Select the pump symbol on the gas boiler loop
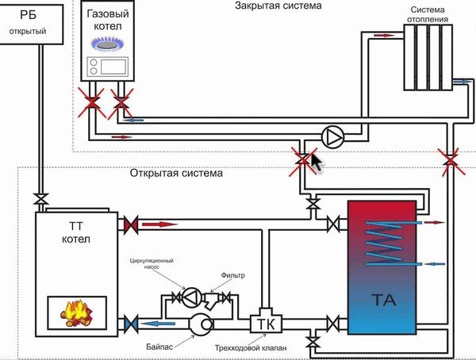(332, 136)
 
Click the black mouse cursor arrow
(316, 163)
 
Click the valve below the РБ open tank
(39, 197)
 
